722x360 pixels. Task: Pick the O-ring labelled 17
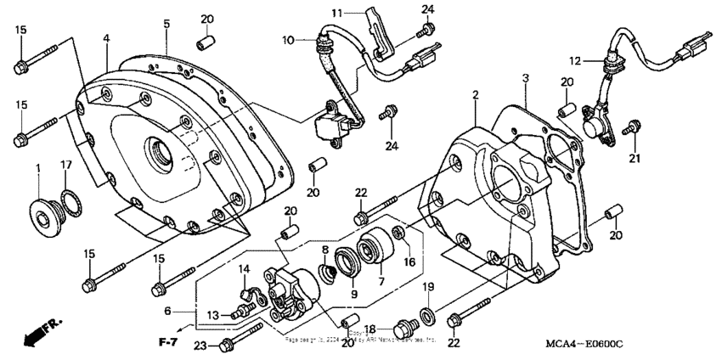click(x=73, y=205)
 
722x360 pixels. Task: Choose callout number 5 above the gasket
click(x=166, y=23)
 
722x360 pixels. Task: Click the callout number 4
click(x=107, y=38)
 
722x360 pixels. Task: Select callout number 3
click(x=527, y=78)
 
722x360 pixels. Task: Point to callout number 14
click(x=242, y=270)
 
